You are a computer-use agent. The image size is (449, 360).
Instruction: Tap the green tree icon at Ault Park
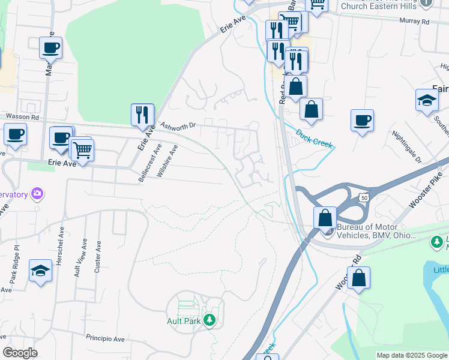pyautogui.click(x=209, y=320)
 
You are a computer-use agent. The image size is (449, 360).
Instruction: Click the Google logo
pyautogui.click(x=20, y=353)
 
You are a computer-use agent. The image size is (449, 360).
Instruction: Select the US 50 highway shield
pyautogui.click(x=364, y=197)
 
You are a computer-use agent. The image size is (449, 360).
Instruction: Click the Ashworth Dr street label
pyautogui.click(x=179, y=125)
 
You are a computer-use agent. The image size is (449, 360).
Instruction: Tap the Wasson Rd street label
pyautogui.click(x=22, y=116)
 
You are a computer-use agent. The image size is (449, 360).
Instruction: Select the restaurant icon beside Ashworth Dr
pyautogui.click(x=142, y=114)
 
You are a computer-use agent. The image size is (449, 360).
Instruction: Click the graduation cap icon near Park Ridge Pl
pyautogui.click(x=41, y=271)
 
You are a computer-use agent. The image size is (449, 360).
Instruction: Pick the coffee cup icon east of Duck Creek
pyautogui.click(x=362, y=121)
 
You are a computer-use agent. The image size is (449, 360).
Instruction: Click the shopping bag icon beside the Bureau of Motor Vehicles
pyautogui.click(x=325, y=217)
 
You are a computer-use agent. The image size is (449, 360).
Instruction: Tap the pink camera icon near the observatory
pyautogui.click(x=37, y=193)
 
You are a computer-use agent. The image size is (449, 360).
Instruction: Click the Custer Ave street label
pyautogui.click(x=98, y=257)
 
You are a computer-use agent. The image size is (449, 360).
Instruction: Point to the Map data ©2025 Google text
pyautogui.click(x=411, y=355)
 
